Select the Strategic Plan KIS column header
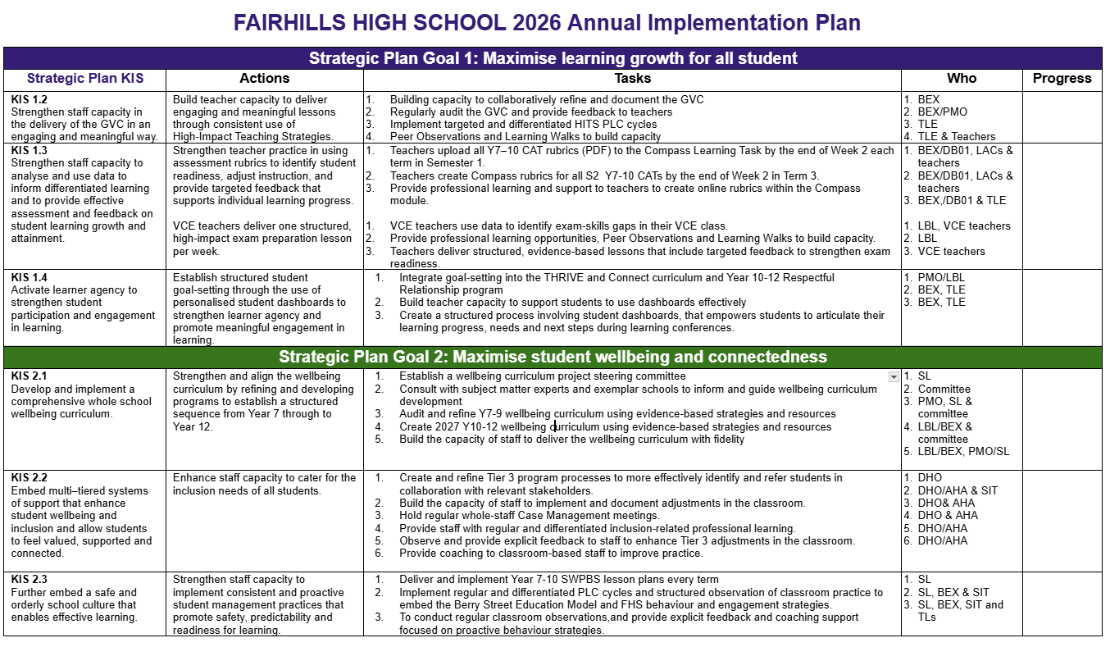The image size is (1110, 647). coord(85,79)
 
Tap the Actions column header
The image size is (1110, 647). coord(264,79)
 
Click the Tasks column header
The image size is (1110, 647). coord(632,79)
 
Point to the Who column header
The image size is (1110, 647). coord(962,79)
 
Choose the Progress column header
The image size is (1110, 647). coord(1062,79)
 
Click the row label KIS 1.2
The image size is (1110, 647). coord(30,100)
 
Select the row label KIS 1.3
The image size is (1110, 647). coord(30,151)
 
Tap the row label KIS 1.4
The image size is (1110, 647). coord(30,278)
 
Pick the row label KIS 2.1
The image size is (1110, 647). coord(30,376)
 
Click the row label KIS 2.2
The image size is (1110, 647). coord(30,478)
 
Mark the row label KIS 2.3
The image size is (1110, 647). coord(30,580)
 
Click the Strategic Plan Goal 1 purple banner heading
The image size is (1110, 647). coord(553,58)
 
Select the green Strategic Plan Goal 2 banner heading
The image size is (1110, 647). coord(553,357)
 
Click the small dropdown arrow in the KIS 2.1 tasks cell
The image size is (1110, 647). coord(894,377)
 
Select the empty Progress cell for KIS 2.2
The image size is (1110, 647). coord(1062,520)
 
